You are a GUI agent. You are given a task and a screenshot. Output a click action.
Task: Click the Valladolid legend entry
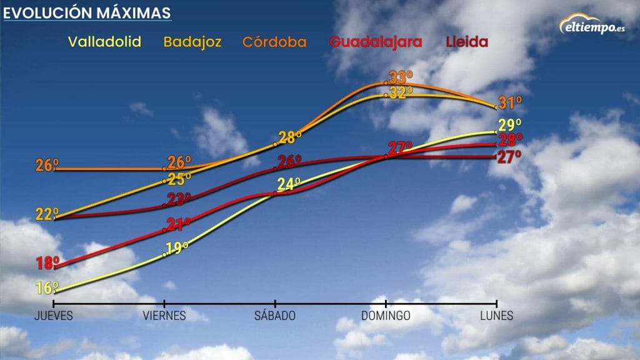tap(104, 42)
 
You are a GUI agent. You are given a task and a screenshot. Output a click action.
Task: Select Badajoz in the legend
tap(192, 42)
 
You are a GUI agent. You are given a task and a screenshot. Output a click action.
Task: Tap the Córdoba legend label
tap(274, 42)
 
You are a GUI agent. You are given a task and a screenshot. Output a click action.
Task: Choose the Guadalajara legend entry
tap(376, 42)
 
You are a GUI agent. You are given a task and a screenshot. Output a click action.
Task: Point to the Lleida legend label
tap(467, 42)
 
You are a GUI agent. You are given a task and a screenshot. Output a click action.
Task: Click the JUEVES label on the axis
tap(53, 316)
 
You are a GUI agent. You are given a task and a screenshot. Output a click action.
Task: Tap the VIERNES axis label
tap(164, 316)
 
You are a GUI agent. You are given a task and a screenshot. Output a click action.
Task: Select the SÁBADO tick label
tap(275, 316)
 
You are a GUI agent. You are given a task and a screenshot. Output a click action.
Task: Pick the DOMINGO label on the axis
tap(386, 316)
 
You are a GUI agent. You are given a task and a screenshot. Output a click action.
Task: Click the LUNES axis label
tap(497, 316)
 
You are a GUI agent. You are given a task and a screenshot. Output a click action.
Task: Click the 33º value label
tap(401, 78)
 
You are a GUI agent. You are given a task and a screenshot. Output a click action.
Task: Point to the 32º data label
tap(401, 92)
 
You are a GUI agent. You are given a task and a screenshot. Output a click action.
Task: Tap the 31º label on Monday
tap(510, 103)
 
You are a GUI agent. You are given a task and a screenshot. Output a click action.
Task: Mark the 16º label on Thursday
tap(47, 288)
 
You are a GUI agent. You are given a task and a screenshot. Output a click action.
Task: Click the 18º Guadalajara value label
tap(47, 263)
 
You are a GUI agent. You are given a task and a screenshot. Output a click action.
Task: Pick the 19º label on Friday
tap(177, 248)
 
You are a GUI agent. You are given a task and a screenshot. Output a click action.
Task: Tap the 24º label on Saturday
tap(289, 184)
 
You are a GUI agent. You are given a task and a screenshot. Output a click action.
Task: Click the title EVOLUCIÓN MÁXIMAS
tap(87, 13)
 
